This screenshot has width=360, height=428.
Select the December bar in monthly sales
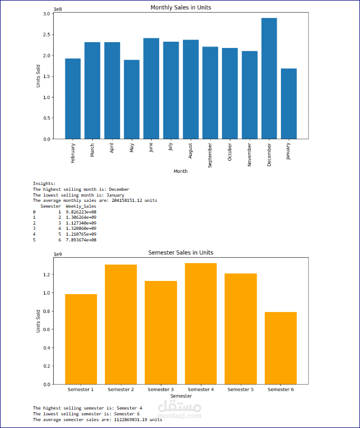(x=269, y=79)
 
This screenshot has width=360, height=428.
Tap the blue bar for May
(x=132, y=100)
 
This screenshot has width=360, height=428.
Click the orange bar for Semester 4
(x=200, y=324)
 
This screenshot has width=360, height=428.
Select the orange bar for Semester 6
(x=280, y=348)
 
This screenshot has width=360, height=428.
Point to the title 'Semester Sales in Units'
(x=181, y=252)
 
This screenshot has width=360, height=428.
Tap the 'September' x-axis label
(x=210, y=154)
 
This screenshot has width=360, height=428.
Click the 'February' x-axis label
(x=73, y=153)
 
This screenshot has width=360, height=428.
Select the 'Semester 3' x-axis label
(x=160, y=390)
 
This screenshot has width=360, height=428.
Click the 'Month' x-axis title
(x=181, y=171)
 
